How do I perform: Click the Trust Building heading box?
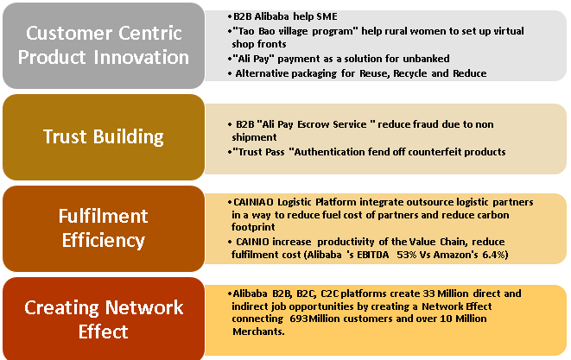pos(104,137)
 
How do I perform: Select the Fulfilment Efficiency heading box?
pos(104,229)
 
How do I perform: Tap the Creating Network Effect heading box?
pos(104,319)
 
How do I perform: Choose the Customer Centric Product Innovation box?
pos(104,46)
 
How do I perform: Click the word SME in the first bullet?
pos(327,16)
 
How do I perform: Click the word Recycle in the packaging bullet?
pos(410,73)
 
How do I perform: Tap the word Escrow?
pos(314,124)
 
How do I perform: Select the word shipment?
pos(254,137)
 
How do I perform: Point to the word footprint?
pos(253,227)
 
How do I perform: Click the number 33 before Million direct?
pos(428,294)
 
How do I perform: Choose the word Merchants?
pos(258,332)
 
